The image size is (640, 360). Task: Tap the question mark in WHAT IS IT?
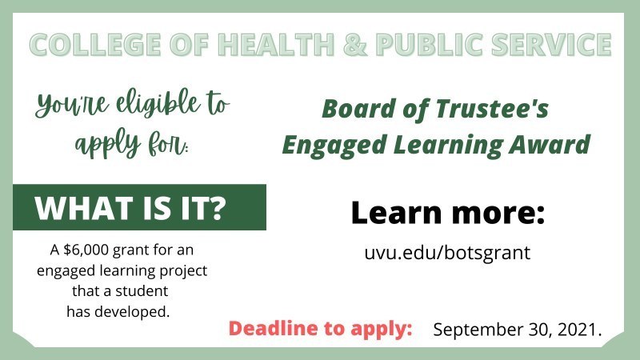click(235, 208)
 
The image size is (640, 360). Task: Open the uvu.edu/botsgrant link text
click(447, 253)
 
